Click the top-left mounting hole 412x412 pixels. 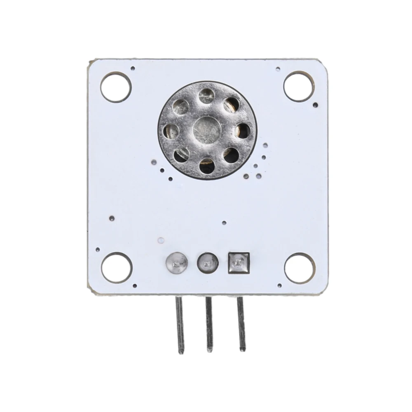click(x=116, y=87)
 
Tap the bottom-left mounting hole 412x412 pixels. click(x=116, y=267)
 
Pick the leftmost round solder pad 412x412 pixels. click(x=176, y=262)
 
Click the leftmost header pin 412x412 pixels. click(x=180, y=325)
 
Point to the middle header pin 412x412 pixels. click(x=209, y=325)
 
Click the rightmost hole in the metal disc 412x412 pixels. click(x=242, y=130)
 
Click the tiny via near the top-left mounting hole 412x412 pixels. click(x=132, y=69)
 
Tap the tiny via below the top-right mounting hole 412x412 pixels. click(x=316, y=105)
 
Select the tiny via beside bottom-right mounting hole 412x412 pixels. click(x=280, y=285)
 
